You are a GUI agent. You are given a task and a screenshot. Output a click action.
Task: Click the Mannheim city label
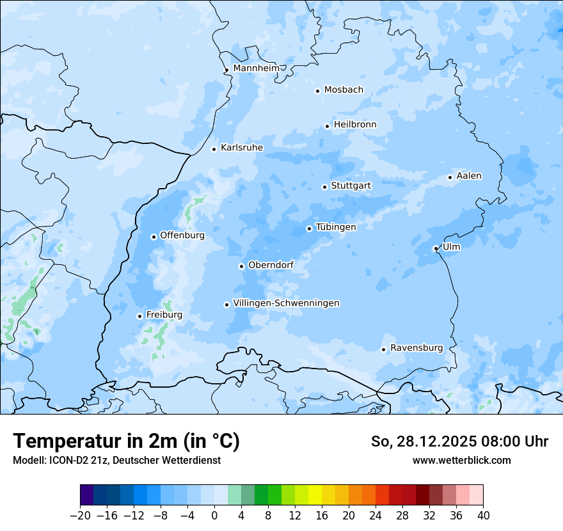[256, 68]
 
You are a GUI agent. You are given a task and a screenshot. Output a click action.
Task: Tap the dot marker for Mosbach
[317, 91]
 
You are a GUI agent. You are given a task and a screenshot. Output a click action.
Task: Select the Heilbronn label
[355, 124]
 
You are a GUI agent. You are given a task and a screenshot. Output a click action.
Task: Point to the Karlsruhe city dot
[214, 149]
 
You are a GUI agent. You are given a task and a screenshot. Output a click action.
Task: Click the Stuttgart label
[351, 186]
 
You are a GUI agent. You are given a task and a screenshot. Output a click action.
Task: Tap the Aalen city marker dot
[450, 177]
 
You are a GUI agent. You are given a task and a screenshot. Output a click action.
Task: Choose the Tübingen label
[336, 227]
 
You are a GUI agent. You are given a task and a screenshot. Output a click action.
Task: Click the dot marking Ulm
[436, 248]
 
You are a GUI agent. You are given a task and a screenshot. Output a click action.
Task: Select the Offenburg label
[182, 235]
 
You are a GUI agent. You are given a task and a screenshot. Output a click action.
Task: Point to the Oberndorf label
[271, 265]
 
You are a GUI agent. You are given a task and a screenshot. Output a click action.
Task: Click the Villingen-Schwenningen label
[286, 303]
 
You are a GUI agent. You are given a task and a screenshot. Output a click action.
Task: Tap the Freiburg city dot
[139, 316]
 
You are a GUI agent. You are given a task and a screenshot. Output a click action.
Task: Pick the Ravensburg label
[416, 348]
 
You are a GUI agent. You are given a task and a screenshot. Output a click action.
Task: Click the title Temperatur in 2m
[126, 441]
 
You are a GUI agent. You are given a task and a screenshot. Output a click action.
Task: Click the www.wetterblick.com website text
[461, 460]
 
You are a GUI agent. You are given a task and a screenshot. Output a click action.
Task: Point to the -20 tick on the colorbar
[80, 516]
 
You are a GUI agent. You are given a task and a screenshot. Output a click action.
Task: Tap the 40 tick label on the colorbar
[483, 516]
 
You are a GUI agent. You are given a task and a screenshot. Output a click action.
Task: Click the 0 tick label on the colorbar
[214, 516]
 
